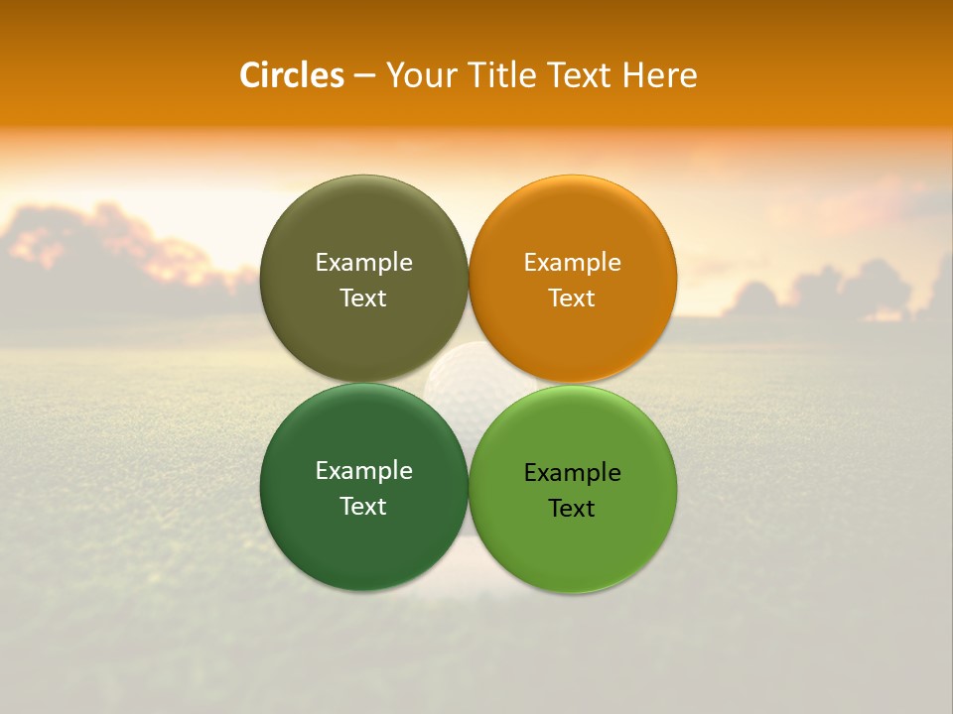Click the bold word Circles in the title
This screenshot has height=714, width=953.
click(292, 75)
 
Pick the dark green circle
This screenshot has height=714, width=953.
click(363, 535)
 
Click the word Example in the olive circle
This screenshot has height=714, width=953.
click(363, 262)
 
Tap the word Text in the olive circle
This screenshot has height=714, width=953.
click(363, 297)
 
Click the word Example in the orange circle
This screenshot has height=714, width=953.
click(572, 262)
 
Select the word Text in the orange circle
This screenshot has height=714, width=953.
click(572, 297)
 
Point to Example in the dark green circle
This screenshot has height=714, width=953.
click(363, 470)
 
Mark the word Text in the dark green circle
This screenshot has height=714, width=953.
click(363, 506)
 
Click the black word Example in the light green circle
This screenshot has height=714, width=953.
click(572, 472)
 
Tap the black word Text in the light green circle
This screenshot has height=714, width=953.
click(572, 508)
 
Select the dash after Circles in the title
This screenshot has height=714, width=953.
click(364, 75)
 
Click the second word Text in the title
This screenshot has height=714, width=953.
click(580, 75)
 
